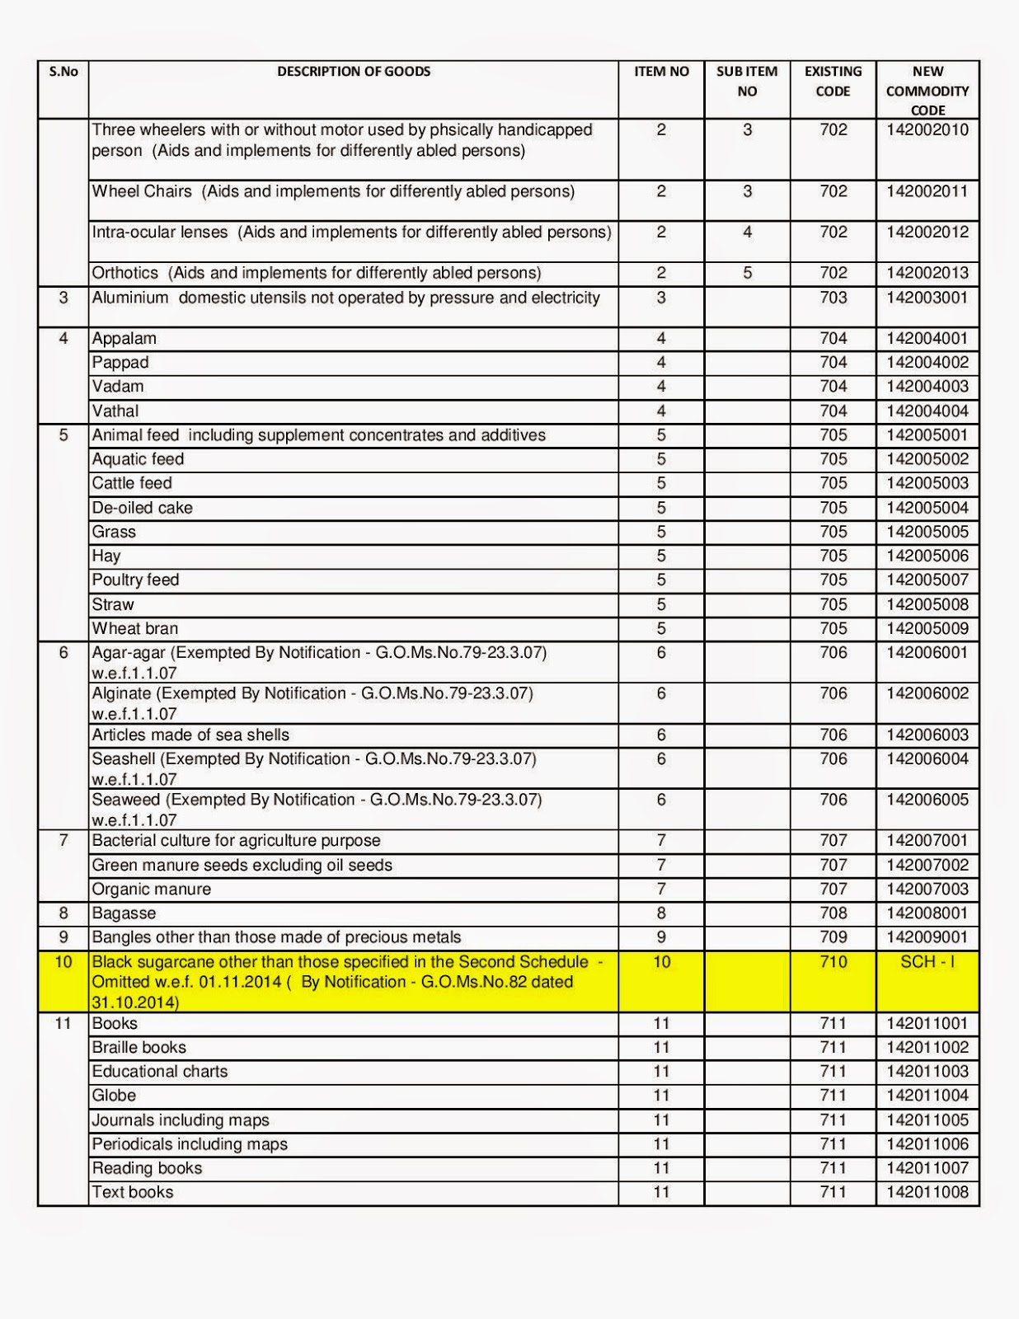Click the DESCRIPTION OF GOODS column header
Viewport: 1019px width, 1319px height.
[353, 72]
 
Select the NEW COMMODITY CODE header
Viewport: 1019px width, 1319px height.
[927, 91]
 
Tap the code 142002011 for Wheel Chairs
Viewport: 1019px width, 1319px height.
[927, 191]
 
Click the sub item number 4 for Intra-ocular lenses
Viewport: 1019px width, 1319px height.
[747, 232]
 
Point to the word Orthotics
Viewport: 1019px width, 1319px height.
[124, 273]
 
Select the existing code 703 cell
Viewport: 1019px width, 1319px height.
[833, 298]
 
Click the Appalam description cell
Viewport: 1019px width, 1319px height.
[124, 339]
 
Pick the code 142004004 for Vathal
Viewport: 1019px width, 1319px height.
[927, 411]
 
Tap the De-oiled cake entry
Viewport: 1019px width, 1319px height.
[142, 508]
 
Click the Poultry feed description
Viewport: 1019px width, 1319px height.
[135, 580]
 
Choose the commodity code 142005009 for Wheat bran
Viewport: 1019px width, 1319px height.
[927, 628]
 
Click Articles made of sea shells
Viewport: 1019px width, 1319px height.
[190, 735]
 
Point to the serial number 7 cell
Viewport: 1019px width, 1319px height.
[63, 841]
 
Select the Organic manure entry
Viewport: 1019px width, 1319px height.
[151, 890]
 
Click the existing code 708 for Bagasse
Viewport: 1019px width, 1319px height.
[833, 913]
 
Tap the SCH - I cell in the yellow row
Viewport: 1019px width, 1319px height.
[927, 962]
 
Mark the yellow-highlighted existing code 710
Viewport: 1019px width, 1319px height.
[833, 962]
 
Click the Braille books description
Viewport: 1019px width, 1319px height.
[139, 1048]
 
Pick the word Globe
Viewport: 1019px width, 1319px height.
[114, 1096]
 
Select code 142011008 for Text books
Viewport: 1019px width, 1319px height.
[927, 1192]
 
